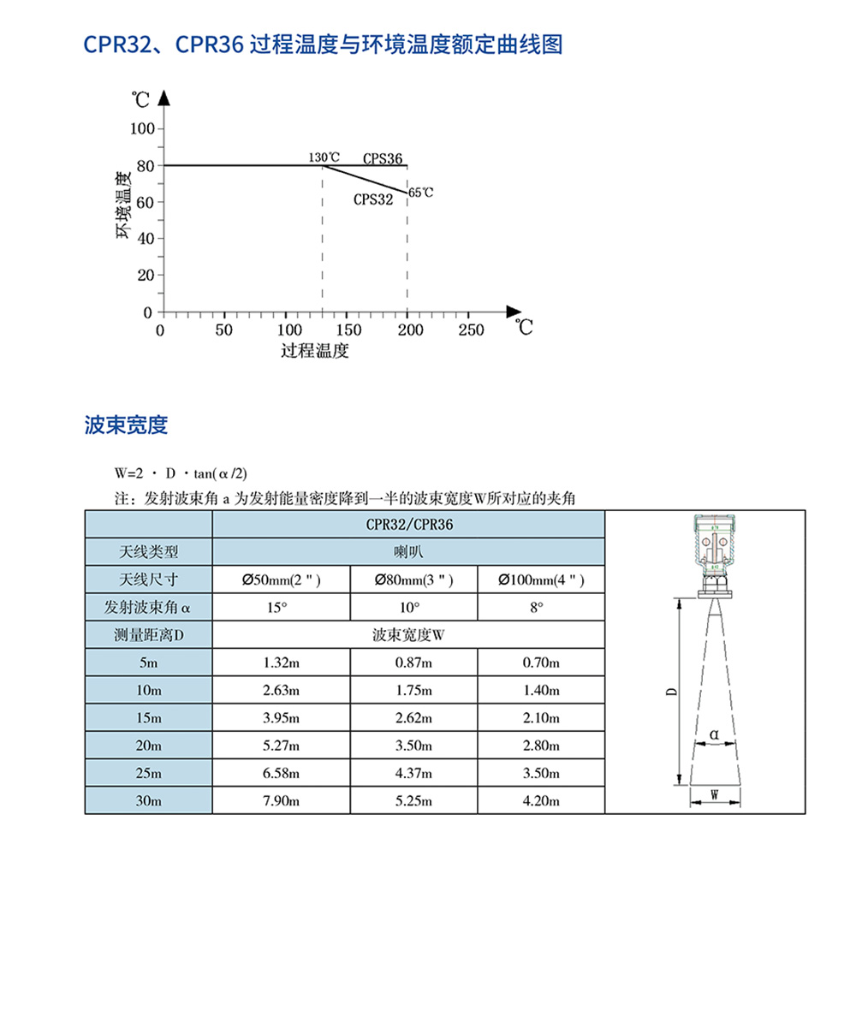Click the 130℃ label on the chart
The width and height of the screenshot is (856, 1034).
click(x=324, y=158)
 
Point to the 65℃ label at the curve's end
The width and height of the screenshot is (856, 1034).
click(x=420, y=193)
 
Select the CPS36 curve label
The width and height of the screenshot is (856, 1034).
click(x=382, y=158)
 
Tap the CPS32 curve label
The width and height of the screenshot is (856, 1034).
click(x=373, y=199)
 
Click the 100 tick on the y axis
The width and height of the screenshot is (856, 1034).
click(x=141, y=128)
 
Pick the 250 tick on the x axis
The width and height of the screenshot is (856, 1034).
click(x=471, y=330)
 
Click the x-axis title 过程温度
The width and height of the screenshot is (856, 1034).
click(x=315, y=351)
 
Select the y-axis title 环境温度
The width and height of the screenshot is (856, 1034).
click(x=124, y=206)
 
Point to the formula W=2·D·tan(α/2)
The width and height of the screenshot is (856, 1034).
click(x=181, y=473)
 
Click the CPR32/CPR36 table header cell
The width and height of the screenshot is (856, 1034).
click(x=408, y=524)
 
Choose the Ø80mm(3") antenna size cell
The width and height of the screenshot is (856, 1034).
click(x=413, y=580)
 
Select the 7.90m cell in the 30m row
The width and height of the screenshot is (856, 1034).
click(x=281, y=801)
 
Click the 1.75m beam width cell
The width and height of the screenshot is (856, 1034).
click(x=413, y=690)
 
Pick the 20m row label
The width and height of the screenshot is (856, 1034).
click(x=148, y=746)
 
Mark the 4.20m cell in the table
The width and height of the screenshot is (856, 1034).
click(x=540, y=801)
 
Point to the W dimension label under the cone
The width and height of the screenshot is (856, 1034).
click(x=714, y=794)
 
